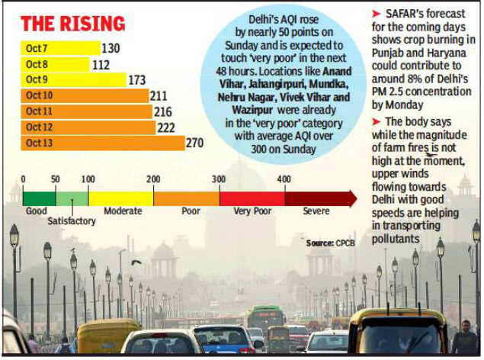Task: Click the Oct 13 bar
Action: coord(102,143)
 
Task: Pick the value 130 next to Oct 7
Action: coord(111,48)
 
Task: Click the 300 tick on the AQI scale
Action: coord(220,178)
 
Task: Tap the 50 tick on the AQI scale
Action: coord(56,178)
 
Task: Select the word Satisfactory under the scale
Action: coord(71,221)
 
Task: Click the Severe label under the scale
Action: coord(316,211)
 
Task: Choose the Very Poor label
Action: coord(252,211)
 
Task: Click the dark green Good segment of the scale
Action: coord(39,198)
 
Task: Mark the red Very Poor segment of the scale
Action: coord(252,198)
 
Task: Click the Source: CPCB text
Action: coord(331,243)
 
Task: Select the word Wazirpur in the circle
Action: coord(249,111)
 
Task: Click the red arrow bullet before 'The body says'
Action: coord(377,122)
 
